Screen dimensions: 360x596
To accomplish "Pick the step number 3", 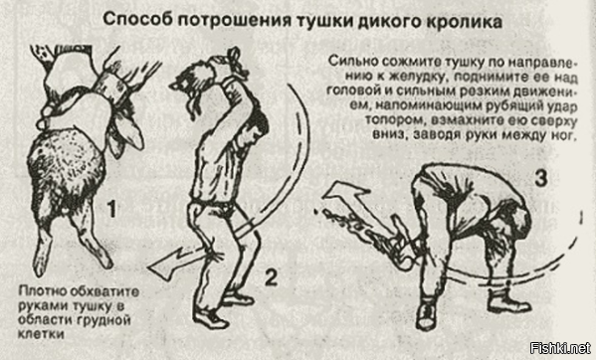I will [x=539, y=179].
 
